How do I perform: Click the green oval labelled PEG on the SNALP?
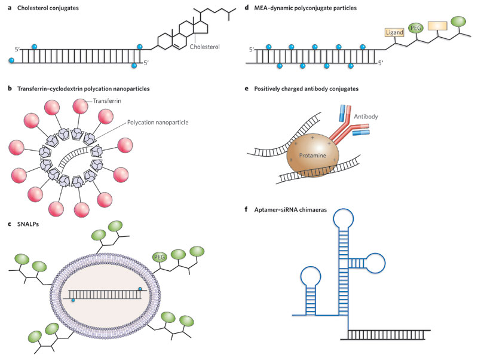(x=160, y=257)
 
